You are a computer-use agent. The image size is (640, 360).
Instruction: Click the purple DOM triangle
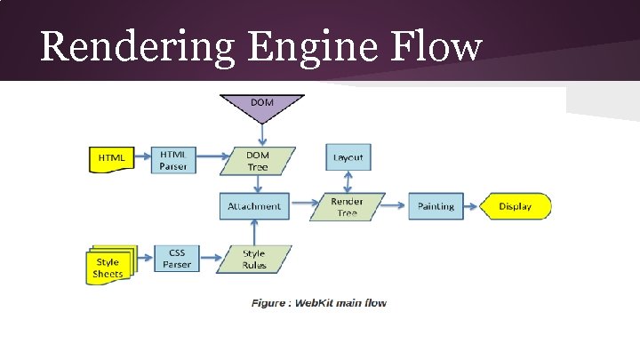(x=261, y=107)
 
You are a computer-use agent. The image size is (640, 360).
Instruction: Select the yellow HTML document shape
(x=111, y=158)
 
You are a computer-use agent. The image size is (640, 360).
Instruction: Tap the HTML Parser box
(x=173, y=159)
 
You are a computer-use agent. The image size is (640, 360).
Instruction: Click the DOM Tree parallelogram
(x=258, y=160)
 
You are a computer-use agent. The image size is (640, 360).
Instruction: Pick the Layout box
(x=348, y=158)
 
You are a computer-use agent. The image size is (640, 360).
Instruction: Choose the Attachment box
(x=254, y=206)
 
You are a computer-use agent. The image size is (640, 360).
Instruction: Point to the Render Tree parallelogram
(x=348, y=207)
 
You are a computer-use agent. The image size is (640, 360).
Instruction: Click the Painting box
(x=436, y=206)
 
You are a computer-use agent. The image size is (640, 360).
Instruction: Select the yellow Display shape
(x=516, y=206)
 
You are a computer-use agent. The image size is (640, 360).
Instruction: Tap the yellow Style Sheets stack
(x=108, y=267)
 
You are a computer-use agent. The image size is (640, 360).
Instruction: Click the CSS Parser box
(x=176, y=259)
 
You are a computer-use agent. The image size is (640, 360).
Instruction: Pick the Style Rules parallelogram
(x=254, y=259)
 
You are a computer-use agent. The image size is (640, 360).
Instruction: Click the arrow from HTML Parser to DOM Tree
(x=212, y=160)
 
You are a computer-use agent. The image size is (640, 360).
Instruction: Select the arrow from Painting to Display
(x=471, y=206)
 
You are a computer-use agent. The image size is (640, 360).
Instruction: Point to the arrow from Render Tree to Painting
(x=396, y=206)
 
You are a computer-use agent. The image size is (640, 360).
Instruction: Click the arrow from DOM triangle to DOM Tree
(x=261, y=134)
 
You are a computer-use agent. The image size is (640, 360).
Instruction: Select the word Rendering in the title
(x=138, y=46)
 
